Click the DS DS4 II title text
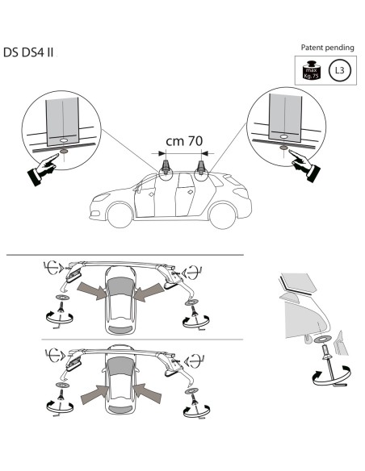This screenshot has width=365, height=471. click(28, 52)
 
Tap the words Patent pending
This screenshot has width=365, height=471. click(327, 48)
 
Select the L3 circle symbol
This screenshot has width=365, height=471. click(340, 71)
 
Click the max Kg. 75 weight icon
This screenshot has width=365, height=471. click(311, 70)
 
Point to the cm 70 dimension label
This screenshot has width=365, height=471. click(184, 141)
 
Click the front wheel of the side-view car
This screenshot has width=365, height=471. click(120, 215)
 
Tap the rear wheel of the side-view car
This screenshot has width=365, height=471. click(222, 216)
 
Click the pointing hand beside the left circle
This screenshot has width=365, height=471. click(43, 169)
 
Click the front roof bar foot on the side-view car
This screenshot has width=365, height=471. click(166, 167)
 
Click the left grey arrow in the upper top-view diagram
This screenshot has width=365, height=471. click(92, 290)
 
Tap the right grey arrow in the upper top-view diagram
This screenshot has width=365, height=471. click(149, 292)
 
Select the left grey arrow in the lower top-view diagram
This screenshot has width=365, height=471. click(94, 394)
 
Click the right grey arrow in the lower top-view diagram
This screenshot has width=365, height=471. click(147, 394)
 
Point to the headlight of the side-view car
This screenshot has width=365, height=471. click(102, 197)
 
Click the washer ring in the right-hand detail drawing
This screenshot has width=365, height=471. click(322, 340)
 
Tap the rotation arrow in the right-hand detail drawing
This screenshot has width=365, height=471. click(331, 376)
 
